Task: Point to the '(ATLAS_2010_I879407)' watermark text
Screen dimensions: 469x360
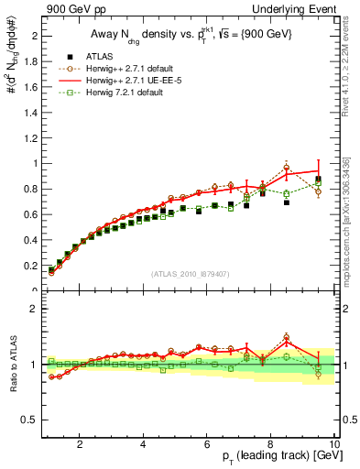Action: pyautogui.click(x=190, y=274)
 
